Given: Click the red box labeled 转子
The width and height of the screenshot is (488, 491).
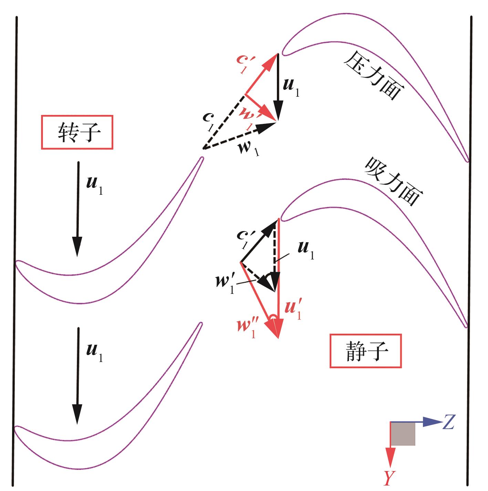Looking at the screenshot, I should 77,132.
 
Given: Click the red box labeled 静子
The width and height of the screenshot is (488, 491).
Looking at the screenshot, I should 365,351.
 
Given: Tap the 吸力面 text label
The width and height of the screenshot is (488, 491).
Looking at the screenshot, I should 393,181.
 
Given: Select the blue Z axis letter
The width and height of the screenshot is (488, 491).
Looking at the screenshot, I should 448,422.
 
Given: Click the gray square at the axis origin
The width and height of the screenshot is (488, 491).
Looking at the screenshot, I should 403,434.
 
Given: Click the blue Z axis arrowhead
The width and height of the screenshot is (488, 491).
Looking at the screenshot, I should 431,422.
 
